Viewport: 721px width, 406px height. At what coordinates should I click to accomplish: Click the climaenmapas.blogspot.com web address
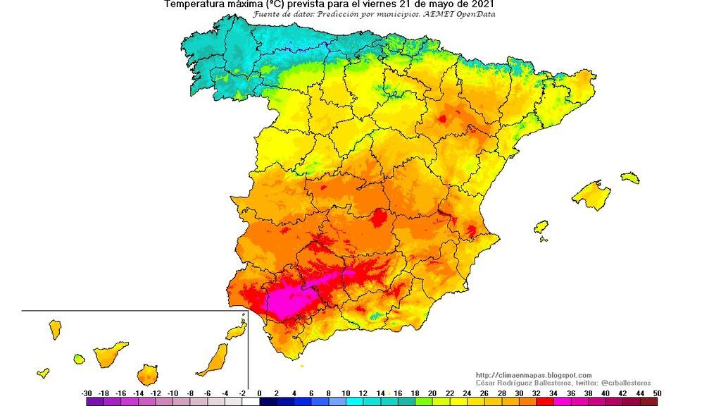tap(534, 375)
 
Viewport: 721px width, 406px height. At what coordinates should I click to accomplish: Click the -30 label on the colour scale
tap(87, 393)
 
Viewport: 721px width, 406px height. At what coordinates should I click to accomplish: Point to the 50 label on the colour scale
tap(656, 393)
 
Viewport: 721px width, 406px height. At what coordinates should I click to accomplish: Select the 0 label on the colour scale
tap(259, 393)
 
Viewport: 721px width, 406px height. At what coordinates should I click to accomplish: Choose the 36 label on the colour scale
tap(570, 393)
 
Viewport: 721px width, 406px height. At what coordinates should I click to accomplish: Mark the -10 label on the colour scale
tap(173, 393)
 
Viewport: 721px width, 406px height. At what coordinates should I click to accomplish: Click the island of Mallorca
tap(591, 195)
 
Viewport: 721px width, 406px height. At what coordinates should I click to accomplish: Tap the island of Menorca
tap(629, 177)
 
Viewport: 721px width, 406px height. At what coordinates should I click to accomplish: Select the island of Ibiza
tap(541, 227)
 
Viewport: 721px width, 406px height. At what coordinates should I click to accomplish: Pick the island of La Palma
tap(54, 328)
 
